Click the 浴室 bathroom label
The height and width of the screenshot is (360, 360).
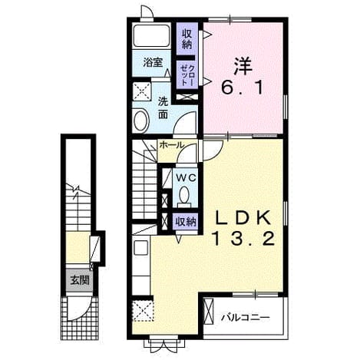pos(153,62)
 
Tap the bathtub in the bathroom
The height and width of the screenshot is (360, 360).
pos(152,35)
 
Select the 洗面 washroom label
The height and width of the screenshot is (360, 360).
pos(163,108)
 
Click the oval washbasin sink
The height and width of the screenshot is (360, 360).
pos(141,121)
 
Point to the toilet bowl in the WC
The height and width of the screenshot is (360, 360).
pos(184,196)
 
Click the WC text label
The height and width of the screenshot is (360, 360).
pos(186,177)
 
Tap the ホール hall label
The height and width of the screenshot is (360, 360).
pos(171,145)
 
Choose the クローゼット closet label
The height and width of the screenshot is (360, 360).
pos(187,75)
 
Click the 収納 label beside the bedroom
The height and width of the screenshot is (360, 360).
pos(187,39)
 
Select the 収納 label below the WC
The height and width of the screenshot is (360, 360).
pos(186,222)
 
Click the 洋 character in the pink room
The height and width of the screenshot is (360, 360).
pos(243,65)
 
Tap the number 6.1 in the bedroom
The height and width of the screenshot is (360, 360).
pos(242,88)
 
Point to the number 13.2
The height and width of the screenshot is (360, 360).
pos(243,239)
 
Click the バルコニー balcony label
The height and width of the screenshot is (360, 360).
pos(246,318)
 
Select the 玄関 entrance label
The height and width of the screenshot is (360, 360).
pos(80,281)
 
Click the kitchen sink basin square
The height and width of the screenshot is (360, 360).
pos(140,247)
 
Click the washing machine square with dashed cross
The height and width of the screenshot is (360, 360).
pos(142,91)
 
